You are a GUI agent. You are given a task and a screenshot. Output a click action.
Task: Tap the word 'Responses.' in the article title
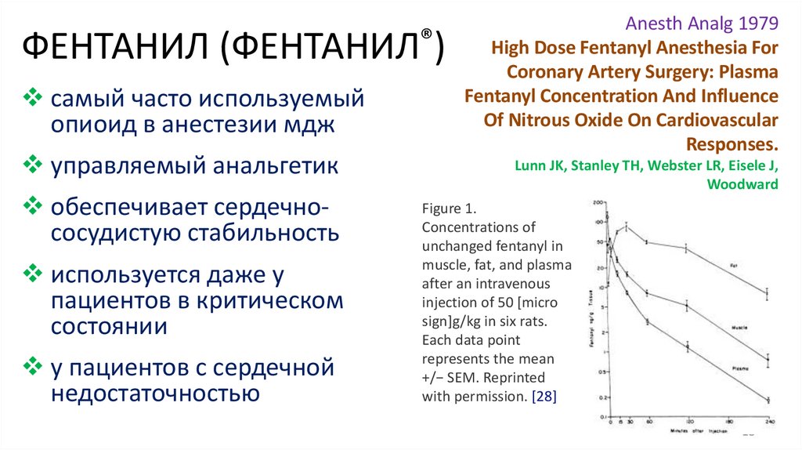point(732,144)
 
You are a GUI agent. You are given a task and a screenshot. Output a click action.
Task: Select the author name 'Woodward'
point(742,185)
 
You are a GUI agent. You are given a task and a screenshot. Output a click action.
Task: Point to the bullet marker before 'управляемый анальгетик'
point(33,165)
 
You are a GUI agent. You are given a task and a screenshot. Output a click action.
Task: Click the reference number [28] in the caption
point(543,396)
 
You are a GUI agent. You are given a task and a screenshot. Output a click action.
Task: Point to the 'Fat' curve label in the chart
point(735,266)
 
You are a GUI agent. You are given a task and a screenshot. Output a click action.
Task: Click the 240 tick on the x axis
point(767,423)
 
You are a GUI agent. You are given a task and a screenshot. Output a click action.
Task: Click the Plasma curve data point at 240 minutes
point(767,401)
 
